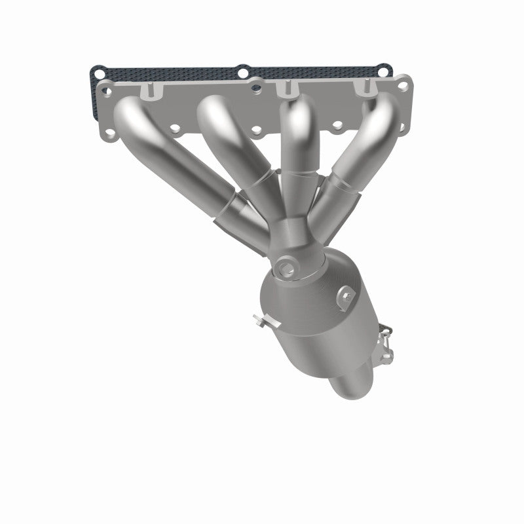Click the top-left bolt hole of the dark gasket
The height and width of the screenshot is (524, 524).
pyautogui.click(x=97, y=69)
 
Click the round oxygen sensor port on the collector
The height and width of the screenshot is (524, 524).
pyautogui.click(x=285, y=267)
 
